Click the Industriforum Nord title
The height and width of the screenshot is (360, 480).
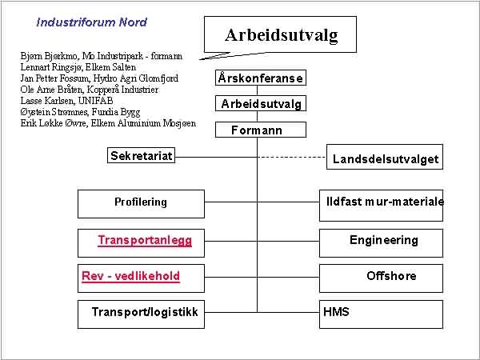(91, 22)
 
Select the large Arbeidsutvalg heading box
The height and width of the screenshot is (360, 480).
(280, 34)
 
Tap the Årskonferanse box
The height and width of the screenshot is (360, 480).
(261, 78)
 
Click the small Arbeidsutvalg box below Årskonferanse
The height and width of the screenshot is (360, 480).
(261, 103)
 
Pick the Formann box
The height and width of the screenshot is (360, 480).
(261, 130)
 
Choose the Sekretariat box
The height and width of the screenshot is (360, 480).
(141, 155)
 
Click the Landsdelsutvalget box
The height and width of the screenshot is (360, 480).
(385, 157)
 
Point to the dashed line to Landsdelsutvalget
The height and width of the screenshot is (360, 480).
(292, 158)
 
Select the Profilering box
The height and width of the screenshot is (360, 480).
(141, 204)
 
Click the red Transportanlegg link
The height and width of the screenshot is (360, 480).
(145, 240)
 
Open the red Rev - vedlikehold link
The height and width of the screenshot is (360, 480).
(130, 276)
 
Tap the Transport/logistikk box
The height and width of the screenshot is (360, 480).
(141, 314)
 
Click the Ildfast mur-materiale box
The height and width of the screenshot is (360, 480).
(381, 206)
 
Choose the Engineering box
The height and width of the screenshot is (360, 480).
(381, 243)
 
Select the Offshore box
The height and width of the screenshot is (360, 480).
(381, 278)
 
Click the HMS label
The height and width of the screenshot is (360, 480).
(336, 312)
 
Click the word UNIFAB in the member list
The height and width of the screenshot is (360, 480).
(95, 101)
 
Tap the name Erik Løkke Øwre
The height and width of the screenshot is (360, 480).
(53, 123)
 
